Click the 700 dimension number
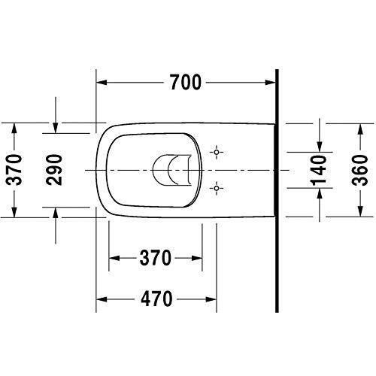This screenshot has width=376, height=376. (186, 83)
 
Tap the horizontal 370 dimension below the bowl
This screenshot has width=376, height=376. (156, 258)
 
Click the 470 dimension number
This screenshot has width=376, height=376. (156, 298)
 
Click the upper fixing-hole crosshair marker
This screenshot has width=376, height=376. (217, 153)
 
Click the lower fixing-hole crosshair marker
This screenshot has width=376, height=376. (217, 187)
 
